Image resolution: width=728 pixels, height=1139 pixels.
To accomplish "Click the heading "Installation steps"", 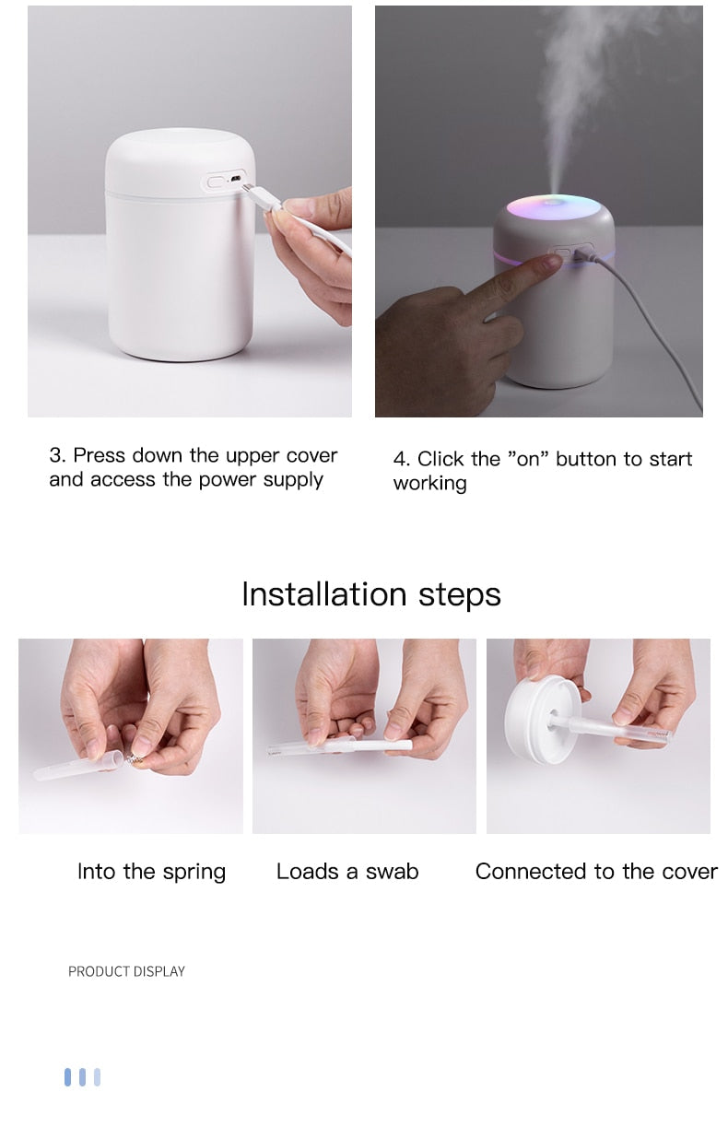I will click(370, 594).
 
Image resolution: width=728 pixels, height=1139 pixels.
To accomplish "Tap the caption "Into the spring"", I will click(151, 872).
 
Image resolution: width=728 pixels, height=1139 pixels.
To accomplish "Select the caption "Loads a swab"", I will click(347, 872).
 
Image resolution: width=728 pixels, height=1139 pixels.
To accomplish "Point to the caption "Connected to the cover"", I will click(595, 872).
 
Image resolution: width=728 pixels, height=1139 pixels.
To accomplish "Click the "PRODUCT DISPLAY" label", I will click(126, 971).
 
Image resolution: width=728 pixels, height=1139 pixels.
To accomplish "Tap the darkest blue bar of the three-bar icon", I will click(67, 1076).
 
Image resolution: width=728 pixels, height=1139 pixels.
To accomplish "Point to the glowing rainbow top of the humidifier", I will click(551, 207).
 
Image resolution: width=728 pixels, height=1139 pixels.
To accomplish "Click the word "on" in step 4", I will click(527, 459).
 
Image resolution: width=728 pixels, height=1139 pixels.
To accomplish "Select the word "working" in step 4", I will click(429, 484).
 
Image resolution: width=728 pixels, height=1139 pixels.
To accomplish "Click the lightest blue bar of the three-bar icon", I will click(97, 1076).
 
